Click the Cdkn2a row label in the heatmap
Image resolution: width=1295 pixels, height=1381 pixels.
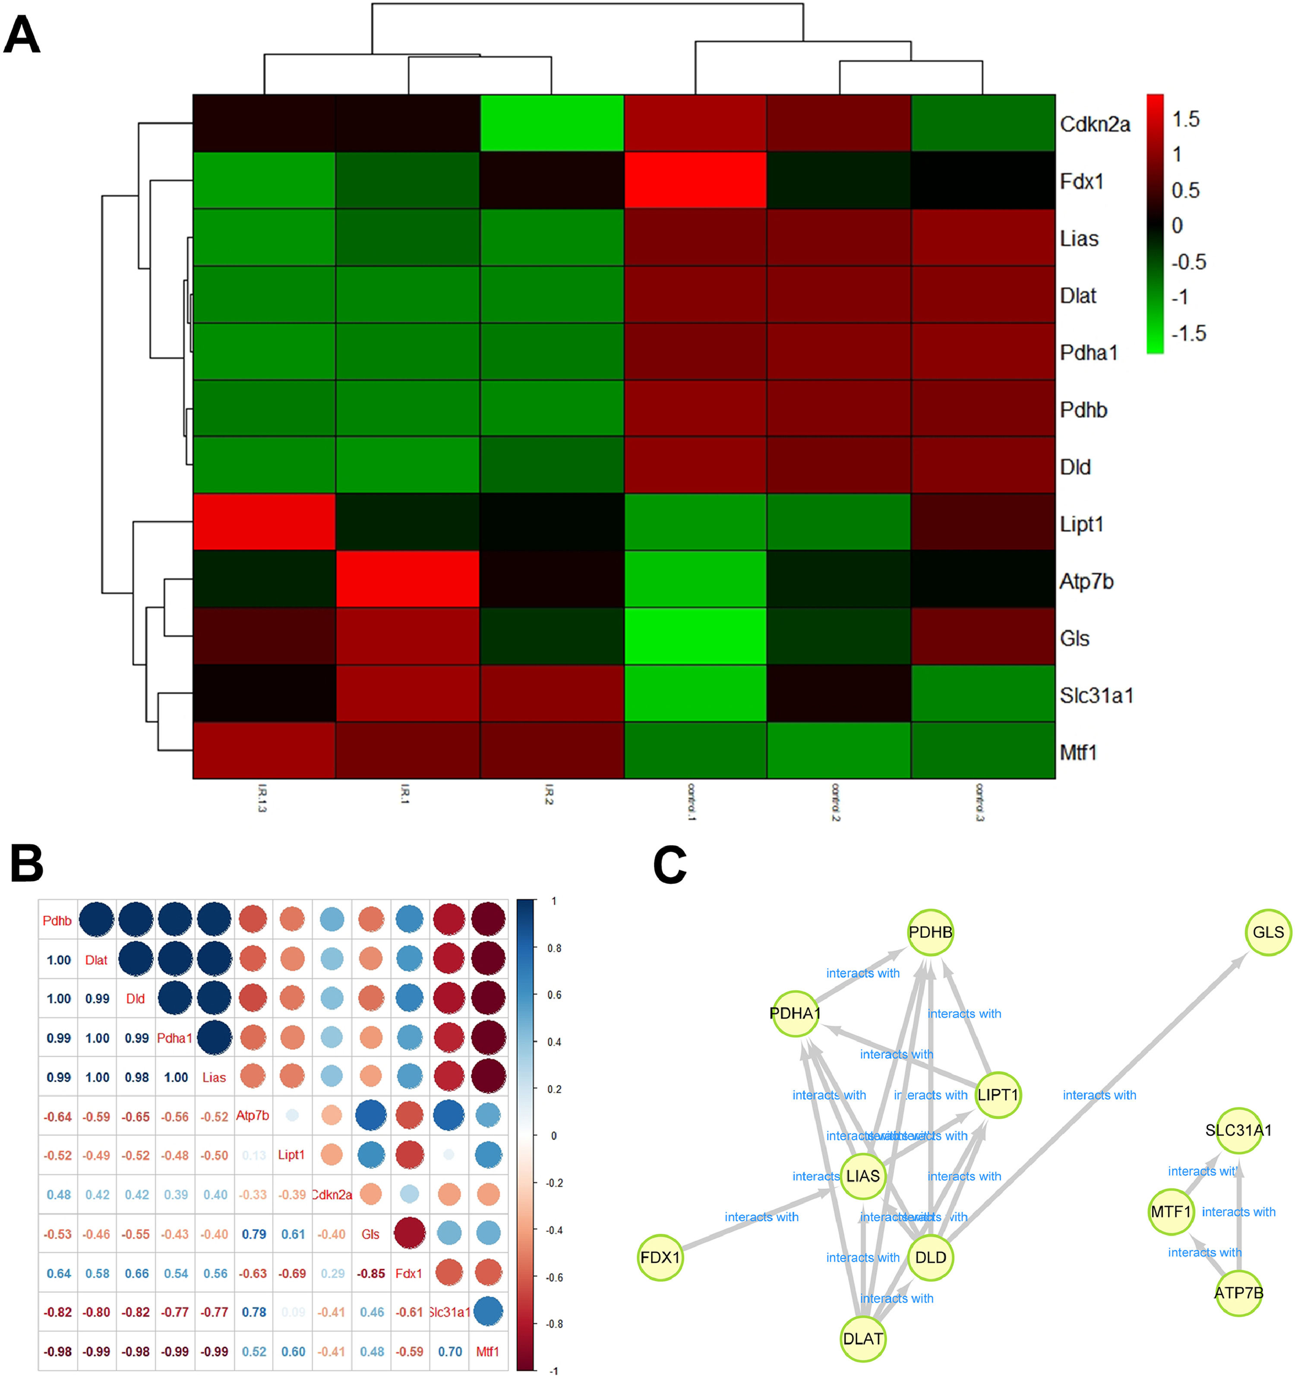(1094, 124)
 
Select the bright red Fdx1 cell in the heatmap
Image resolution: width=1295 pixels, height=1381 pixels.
(695, 181)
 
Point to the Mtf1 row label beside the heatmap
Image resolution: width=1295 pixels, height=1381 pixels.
(1078, 752)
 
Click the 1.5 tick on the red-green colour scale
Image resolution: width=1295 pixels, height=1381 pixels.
(1186, 120)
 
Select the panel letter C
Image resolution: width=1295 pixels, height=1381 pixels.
(670, 865)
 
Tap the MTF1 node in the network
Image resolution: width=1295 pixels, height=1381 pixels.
(1171, 1211)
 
